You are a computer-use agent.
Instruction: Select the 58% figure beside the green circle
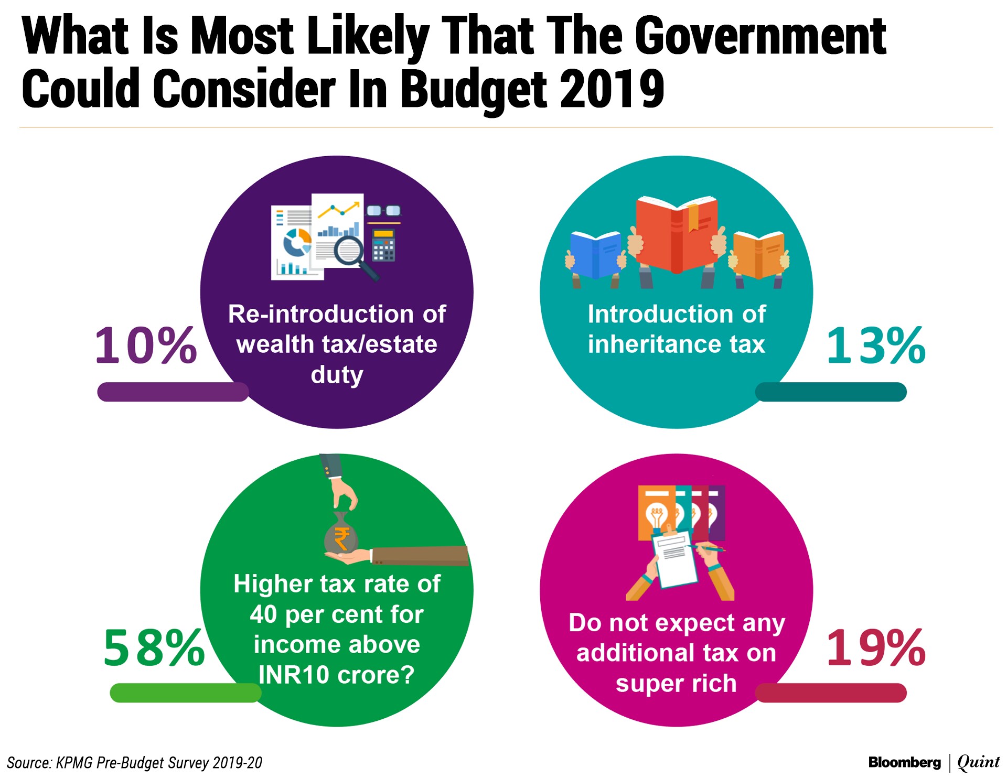pos(154,648)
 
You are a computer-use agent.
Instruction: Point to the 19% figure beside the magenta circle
pos(875,648)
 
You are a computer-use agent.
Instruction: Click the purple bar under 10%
pos(173,392)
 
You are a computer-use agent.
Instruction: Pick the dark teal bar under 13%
pos(831,392)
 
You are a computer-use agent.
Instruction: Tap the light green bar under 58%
pos(186,693)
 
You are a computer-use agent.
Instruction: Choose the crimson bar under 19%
pos(831,693)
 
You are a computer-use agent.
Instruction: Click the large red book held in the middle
pos(677,234)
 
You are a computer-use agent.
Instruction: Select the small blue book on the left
pos(596,255)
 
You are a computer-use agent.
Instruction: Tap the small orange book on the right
pos(758,255)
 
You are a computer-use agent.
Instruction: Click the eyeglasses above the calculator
pos(383,211)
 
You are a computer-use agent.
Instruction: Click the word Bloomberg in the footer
pos(904,762)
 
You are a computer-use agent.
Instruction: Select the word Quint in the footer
pos(978,762)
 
